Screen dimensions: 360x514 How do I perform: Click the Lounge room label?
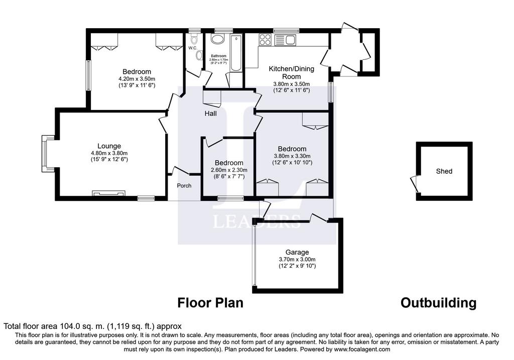pyautogui.click(x=109, y=146)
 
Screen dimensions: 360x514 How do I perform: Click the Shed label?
pyautogui.click(x=444, y=171)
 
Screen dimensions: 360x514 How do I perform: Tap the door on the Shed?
pyautogui.click(x=414, y=183)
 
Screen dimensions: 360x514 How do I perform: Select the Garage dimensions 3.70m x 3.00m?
pyautogui.click(x=297, y=259)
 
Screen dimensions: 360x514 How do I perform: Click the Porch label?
pyautogui.click(x=184, y=185)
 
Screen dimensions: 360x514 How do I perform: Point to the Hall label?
pyautogui.click(x=210, y=114)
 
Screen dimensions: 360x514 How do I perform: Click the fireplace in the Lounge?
pyautogui.click(x=108, y=193)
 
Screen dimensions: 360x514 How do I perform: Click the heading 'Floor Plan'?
pyautogui.click(x=210, y=303)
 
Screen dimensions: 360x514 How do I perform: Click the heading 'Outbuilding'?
pyautogui.click(x=438, y=303)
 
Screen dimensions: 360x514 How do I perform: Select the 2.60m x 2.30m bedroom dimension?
pyautogui.click(x=229, y=170)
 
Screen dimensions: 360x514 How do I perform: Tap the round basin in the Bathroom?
pyautogui.click(x=218, y=40)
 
